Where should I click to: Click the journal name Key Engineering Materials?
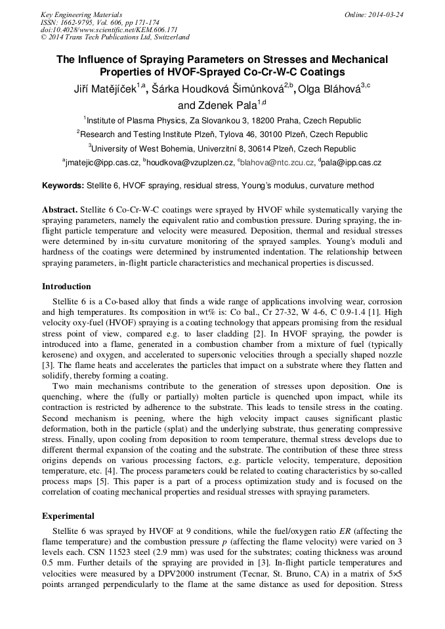(x=81, y=14)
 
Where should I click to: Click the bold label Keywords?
(x=62, y=186)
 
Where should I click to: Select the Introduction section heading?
(x=66, y=287)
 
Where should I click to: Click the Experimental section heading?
(x=68, y=516)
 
